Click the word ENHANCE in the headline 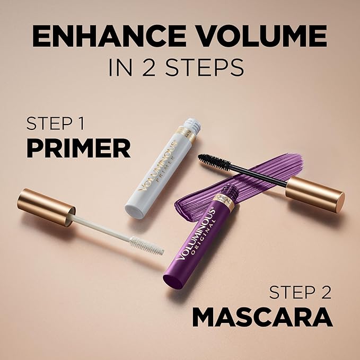(x=101, y=37)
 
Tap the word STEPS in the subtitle (x=201, y=67)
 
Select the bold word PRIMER (x=78, y=148)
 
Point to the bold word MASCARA (x=262, y=317)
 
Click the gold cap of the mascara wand (x=314, y=194)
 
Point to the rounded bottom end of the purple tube (x=172, y=281)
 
